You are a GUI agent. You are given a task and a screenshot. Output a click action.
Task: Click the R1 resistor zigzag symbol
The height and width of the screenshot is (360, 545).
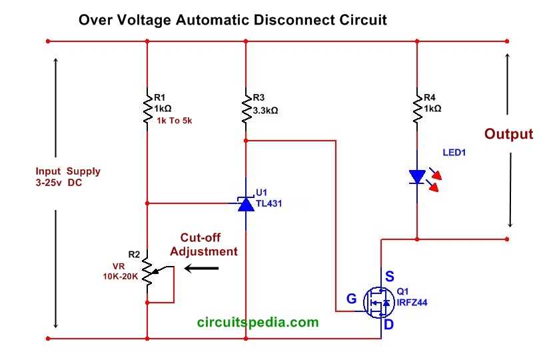(147, 109)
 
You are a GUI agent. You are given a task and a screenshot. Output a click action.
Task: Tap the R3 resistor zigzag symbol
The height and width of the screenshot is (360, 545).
(247, 109)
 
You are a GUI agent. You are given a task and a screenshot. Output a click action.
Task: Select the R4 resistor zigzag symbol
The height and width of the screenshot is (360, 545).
(418, 109)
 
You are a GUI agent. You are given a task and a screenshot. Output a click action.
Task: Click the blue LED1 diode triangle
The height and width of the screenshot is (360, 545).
(418, 177)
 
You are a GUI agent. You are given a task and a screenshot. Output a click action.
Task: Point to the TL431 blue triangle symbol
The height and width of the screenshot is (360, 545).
(246, 204)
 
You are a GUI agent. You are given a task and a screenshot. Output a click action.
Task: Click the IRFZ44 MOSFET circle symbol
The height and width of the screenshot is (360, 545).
(379, 302)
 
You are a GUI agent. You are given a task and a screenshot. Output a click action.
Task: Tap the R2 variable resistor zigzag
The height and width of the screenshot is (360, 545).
(148, 272)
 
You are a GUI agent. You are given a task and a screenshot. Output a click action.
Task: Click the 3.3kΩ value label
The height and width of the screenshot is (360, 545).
(265, 111)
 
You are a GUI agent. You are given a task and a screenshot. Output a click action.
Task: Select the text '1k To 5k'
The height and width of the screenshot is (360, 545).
(174, 121)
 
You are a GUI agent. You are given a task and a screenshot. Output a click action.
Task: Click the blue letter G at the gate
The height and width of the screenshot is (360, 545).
(352, 299)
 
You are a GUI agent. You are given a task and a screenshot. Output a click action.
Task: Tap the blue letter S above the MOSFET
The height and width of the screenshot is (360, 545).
(390, 276)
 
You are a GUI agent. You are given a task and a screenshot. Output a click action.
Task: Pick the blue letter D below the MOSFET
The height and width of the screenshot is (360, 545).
(388, 325)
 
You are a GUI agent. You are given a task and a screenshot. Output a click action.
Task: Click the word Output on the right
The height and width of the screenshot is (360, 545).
(508, 134)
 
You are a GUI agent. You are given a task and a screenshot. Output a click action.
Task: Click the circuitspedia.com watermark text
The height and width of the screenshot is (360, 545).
(258, 322)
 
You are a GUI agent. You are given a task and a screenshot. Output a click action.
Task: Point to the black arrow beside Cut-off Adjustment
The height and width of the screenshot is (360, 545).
(201, 268)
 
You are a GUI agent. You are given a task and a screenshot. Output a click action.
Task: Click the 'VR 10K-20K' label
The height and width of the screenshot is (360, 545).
(121, 271)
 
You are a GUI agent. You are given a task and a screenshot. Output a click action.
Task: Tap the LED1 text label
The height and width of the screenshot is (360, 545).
(454, 153)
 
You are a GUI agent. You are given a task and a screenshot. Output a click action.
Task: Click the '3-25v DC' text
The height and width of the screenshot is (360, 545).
(59, 183)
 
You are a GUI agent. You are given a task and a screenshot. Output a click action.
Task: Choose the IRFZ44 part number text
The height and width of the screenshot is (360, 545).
(412, 302)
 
